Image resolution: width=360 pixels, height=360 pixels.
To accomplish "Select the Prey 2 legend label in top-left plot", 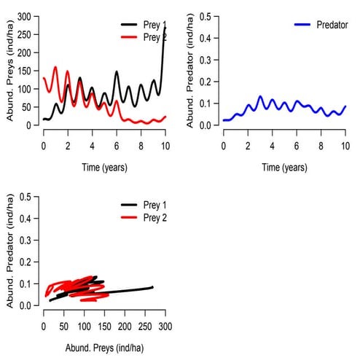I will tap(154, 36).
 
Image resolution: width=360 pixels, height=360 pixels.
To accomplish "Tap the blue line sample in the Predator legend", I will tap(303, 25).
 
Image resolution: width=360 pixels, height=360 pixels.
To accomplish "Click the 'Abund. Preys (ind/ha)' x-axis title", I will tap(104, 348).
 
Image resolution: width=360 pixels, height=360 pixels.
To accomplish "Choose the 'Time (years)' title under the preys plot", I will tap(104, 168).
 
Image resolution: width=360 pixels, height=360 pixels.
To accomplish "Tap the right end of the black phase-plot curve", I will tap(152, 287).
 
